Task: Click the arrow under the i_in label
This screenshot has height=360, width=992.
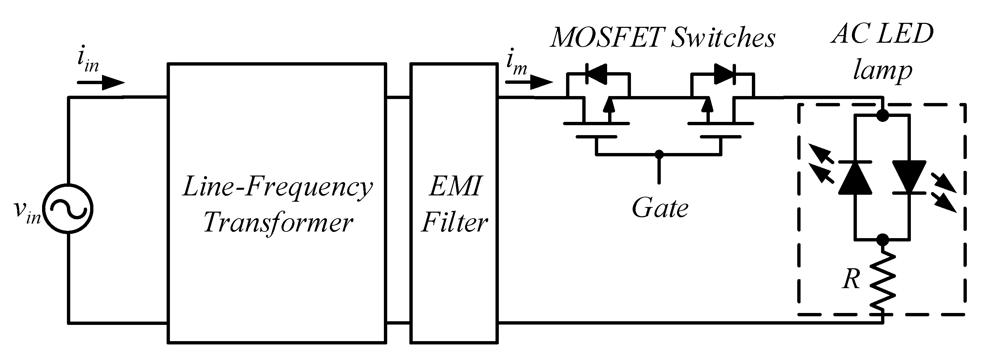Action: coord(101,82)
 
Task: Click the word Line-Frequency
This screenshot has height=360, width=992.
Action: coord(277,187)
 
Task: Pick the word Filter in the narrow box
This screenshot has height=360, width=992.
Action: coord(454,223)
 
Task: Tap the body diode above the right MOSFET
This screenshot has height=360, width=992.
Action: coord(724,74)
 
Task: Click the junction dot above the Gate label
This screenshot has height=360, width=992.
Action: coord(659,154)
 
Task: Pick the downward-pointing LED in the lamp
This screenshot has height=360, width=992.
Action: coord(909,177)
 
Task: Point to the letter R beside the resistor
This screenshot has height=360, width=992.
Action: coord(851,279)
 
